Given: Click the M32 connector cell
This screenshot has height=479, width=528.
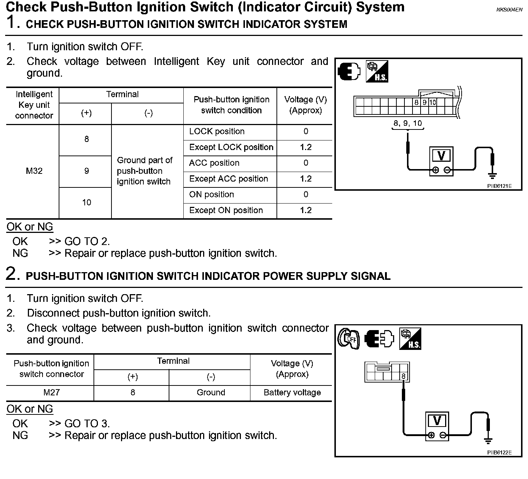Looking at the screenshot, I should point(34,171).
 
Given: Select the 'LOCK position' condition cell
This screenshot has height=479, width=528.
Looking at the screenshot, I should point(217,132).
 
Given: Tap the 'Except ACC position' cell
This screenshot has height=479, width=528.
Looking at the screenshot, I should point(228,179).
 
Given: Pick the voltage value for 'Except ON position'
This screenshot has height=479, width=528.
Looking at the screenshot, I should point(305,211).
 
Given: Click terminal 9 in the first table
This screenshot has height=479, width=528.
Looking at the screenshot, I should point(87,171).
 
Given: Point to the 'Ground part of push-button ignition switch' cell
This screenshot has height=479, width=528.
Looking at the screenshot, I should point(144,171).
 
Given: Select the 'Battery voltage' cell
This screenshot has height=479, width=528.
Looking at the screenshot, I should point(292,392).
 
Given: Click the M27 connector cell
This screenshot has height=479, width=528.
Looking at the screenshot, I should point(51,392).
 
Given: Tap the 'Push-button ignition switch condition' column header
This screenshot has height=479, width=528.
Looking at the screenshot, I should point(231,105).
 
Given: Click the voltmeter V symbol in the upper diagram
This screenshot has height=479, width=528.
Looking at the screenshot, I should point(441,156).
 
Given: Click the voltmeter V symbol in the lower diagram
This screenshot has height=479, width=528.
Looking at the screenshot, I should point(437,420).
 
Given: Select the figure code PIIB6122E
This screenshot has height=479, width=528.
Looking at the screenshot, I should point(499,453).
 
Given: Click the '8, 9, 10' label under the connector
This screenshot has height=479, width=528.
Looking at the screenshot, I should point(407,123).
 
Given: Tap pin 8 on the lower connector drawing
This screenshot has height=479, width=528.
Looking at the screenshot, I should point(403,376).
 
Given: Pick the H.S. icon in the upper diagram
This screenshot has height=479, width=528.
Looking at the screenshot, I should point(377,72).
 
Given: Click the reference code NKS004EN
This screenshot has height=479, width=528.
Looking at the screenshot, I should point(509,10).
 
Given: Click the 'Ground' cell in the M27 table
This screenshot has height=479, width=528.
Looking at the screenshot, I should point(210,392).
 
